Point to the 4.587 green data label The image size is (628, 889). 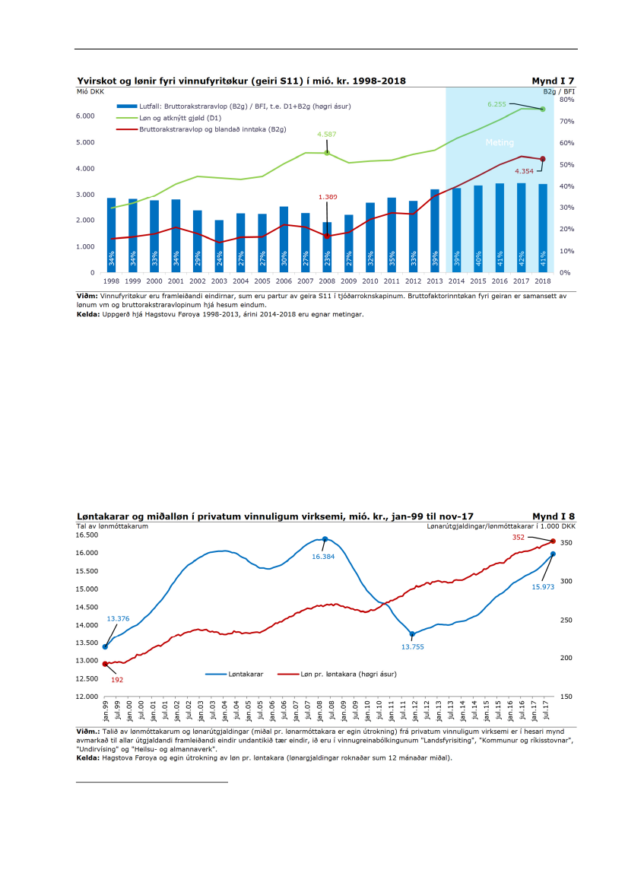tap(327, 134)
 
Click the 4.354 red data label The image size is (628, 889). tap(525, 171)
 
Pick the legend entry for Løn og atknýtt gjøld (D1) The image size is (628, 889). tap(178, 118)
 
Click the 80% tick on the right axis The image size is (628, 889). tap(566, 100)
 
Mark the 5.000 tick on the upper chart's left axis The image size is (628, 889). tap(84, 142)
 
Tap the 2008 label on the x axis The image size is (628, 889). tap(326, 281)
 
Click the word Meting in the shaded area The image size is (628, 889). tap(500, 142)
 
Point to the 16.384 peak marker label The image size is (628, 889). tap(324, 556)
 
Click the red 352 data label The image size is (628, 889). tap(519, 537)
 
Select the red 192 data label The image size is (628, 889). tap(117, 680)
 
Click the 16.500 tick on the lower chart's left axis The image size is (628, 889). tap(87, 535)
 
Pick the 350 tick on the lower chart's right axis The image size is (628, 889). tap(566, 543)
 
